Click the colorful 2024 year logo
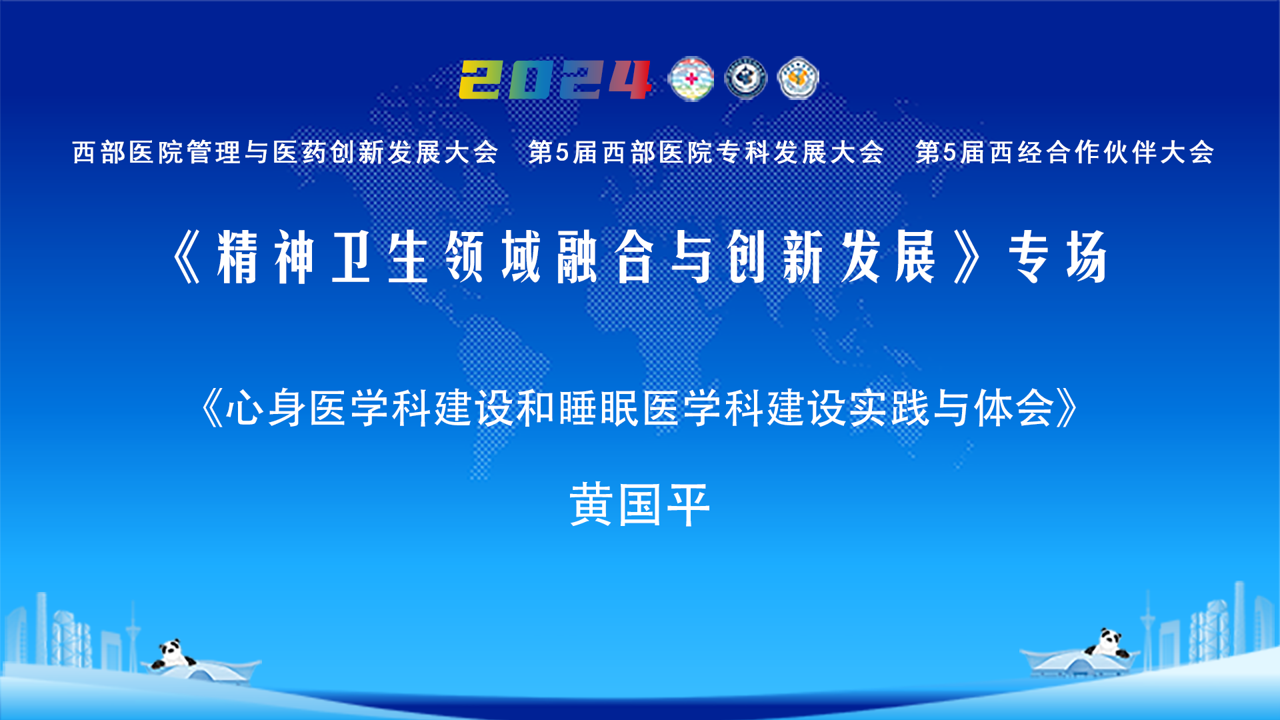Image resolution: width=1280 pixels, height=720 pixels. point(555,79)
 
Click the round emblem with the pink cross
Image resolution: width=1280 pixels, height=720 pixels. point(691,79)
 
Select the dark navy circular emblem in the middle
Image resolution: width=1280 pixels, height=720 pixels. point(745,79)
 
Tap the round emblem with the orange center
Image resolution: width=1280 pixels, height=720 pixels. point(798,79)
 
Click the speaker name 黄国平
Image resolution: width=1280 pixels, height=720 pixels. point(639,505)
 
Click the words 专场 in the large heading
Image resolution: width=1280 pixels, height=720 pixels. point(1058,257)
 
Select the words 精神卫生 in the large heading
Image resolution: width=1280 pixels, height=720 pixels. point(322,257)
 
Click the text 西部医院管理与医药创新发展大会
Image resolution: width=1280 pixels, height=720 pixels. point(285,152)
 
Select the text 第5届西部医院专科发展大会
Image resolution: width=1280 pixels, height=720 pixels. point(706,152)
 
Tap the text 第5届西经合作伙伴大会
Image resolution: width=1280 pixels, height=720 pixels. point(1065,152)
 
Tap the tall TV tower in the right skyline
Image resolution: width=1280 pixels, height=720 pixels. point(1148,627)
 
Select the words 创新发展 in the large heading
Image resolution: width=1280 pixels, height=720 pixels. point(831,257)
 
